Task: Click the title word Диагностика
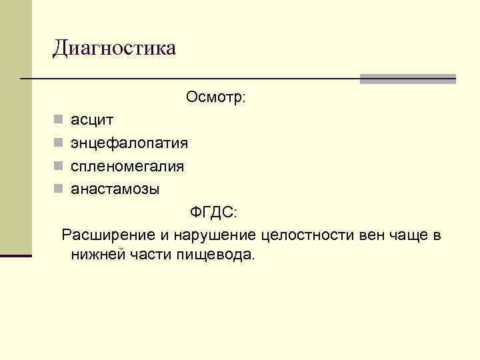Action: coord(115,48)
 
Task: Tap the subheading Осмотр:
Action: coord(216,97)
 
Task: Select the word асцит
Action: coord(92,121)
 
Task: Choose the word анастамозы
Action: coord(115,189)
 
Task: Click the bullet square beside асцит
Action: coord(59,121)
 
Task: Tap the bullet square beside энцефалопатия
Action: coord(59,143)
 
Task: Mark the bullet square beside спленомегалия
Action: coord(59,166)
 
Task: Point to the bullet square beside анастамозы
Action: coord(59,189)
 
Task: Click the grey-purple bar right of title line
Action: coord(407,79)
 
